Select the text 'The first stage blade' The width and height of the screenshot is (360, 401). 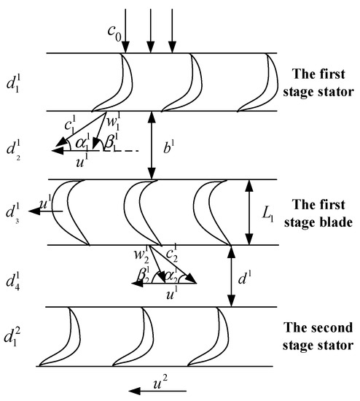click(x=318, y=212)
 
